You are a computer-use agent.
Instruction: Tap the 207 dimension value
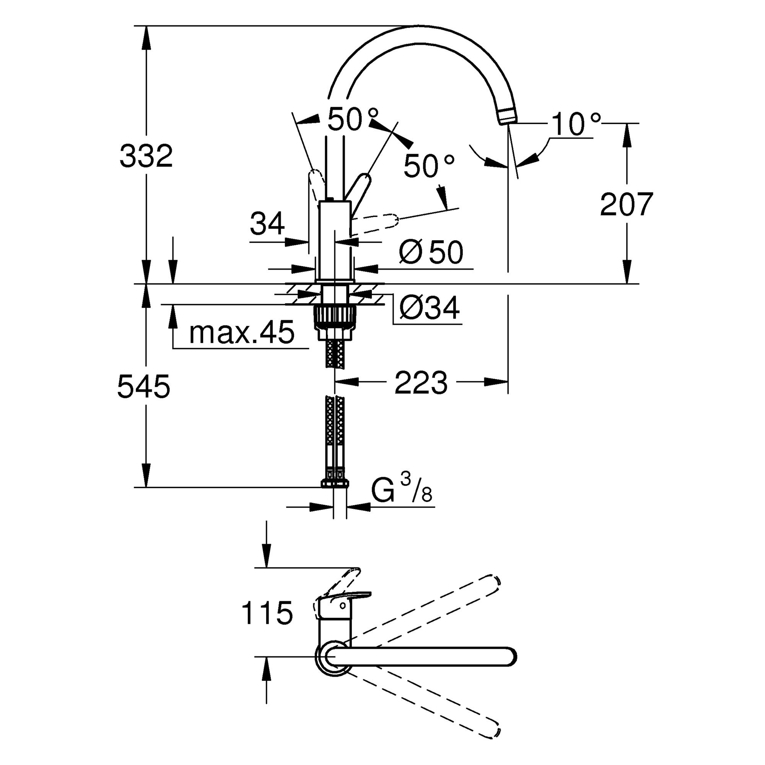(x=626, y=204)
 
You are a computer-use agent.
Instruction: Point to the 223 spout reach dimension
(x=421, y=382)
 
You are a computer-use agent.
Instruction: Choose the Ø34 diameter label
(x=430, y=307)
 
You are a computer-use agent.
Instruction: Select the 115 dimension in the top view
(x=267, y=613)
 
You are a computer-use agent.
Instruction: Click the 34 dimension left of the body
(x=267, y=223)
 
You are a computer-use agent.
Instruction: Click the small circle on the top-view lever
(x=343, y=605)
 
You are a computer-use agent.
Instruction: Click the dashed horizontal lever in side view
(x=374, y=223)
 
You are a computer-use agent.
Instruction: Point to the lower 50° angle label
(x=428, y=166)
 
